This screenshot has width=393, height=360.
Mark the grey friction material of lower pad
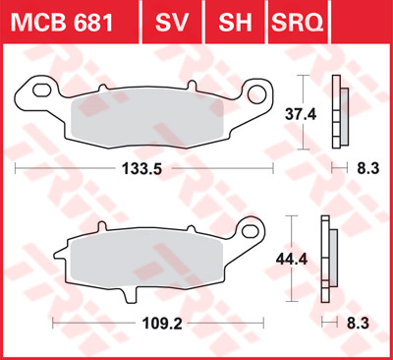pos(147,261)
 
